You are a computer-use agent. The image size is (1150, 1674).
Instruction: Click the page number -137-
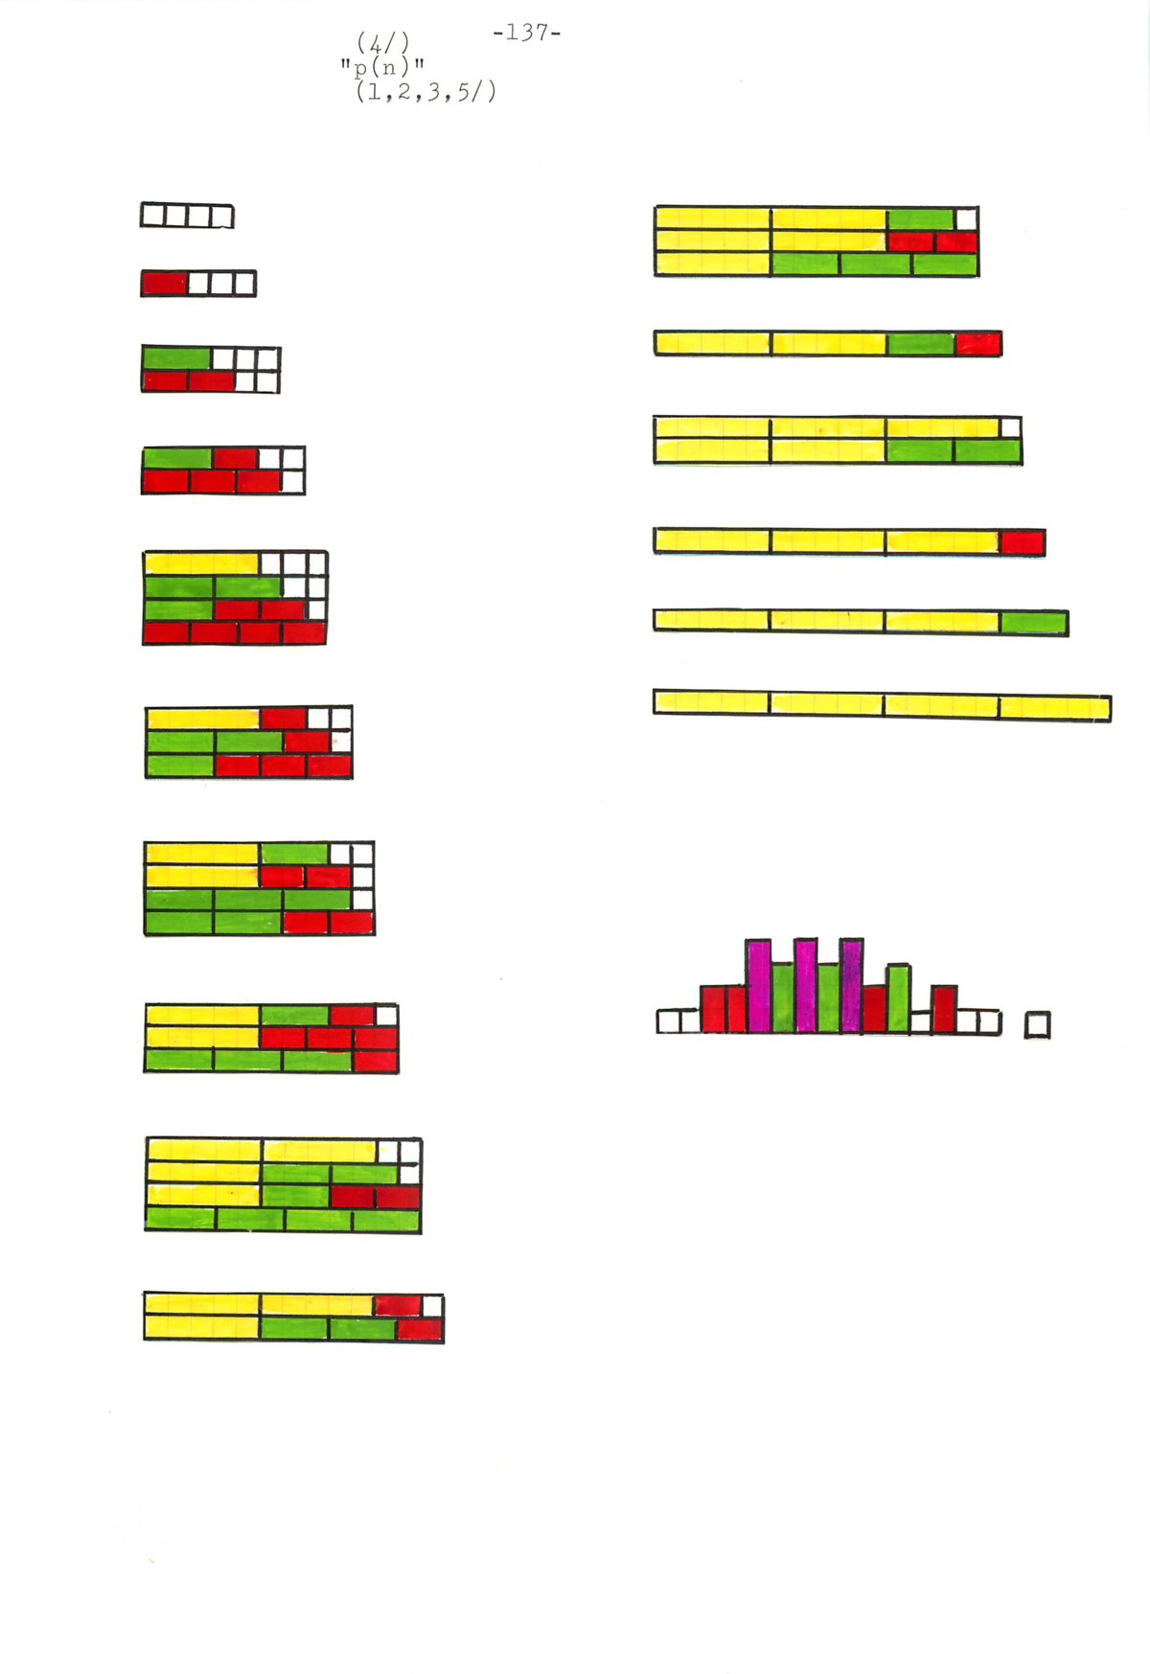[x=526, y=33]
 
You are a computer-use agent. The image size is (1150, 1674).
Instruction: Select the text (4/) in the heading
[x=383, y=43]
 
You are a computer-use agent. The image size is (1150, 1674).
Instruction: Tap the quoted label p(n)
[x=382, y=67]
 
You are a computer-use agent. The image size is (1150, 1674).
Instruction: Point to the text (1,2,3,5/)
[x=425, y=92]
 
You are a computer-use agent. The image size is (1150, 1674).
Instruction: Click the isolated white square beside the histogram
[x=1037, y=1025]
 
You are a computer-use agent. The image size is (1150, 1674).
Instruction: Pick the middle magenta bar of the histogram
[x=806, y=985]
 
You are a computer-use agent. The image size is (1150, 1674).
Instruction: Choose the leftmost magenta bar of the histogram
[x=759, y=985]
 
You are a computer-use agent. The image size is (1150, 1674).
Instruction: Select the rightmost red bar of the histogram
[x=944, y=1009]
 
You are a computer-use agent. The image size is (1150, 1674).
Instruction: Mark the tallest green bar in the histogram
[x=898, y=998]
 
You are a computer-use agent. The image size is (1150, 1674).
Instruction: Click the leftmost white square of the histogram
[x=668, y=1021]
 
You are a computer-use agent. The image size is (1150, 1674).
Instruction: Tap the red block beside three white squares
[x=165, y=284]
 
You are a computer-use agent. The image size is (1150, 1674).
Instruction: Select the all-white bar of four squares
[x=187, y=216]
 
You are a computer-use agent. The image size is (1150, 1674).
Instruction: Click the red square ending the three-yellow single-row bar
[x=1022, y=542]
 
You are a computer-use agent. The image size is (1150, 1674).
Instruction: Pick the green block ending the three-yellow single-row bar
[x=1033, y=623]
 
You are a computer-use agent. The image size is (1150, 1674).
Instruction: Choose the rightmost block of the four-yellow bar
[x=1054, y=707]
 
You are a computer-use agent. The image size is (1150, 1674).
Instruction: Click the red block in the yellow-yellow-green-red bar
[x=978, y=343]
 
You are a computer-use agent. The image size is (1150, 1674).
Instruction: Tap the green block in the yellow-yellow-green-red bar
[x=921, y=343]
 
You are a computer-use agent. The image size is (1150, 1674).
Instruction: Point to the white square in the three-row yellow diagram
[x=966, y=218]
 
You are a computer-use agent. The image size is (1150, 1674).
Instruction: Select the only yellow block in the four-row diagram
[x=202, y=562]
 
